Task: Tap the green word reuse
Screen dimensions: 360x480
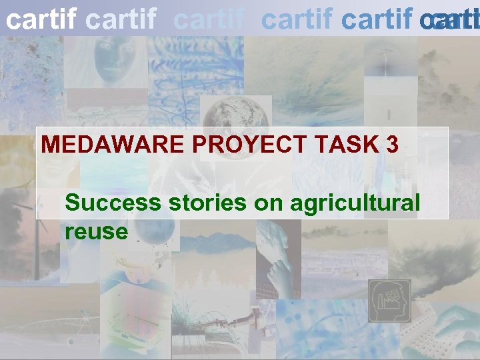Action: tap(96, 231)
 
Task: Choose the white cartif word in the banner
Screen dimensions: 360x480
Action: tap(41, 21)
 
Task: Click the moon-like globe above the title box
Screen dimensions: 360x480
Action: tap(226, 113)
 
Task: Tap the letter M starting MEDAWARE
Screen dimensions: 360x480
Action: tap(50, 145)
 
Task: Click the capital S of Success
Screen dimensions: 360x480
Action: tap(73, 203)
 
